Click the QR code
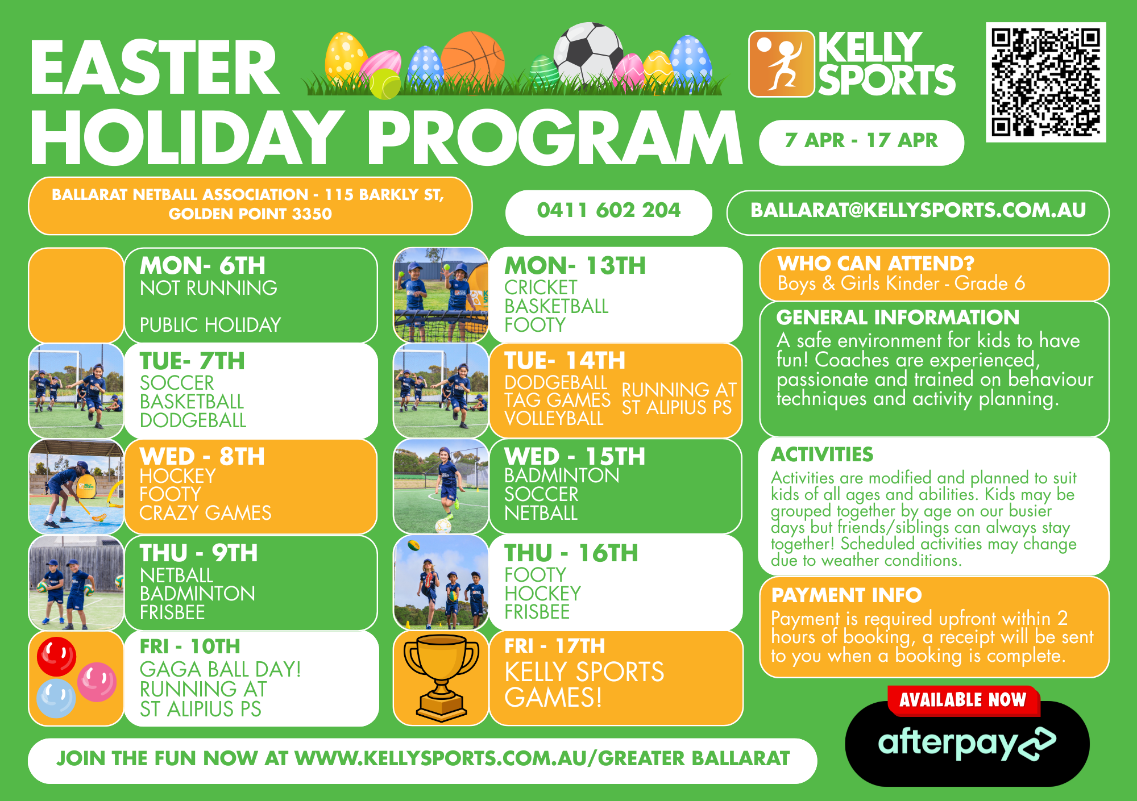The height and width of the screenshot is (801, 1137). coord(1045,82)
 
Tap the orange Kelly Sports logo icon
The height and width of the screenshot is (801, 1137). coord(782,64)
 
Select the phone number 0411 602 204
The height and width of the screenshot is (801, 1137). coord(608,210)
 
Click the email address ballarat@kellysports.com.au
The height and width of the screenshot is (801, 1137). coord(918,210)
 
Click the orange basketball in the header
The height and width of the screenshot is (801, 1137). coord(472,60)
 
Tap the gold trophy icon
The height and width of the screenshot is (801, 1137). coord(441,678)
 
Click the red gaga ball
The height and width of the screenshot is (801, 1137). coord(56,656)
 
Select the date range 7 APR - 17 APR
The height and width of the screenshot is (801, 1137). coord(861,140)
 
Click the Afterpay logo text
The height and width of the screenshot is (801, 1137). coord(966,743)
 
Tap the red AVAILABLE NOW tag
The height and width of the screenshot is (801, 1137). coord(963,700)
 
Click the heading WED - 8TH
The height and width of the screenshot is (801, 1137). coord(202,457)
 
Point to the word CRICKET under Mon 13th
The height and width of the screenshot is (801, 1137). coord(541,287)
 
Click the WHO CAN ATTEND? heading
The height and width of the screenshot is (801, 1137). coord(875,264)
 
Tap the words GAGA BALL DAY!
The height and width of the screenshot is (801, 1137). coord(221,669)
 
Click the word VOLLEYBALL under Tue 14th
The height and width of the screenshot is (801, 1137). coord(554,419)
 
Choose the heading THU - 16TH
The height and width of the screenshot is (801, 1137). coord(571,553)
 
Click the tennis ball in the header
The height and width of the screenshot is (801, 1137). coord(385,84)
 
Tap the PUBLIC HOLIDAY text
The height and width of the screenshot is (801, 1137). coord(210,325)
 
